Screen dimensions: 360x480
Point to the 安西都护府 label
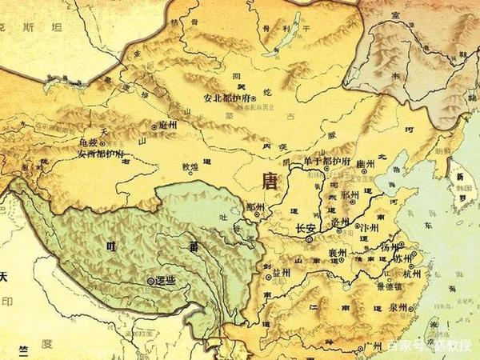pyautogui.click(x=100, y=153)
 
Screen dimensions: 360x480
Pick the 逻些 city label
pyautogui.click(x=165, y=282)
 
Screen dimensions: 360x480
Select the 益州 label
pyautogui.click(x=282, y=274)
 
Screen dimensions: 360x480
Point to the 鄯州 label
pyautogui.click(x=258, y=206)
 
